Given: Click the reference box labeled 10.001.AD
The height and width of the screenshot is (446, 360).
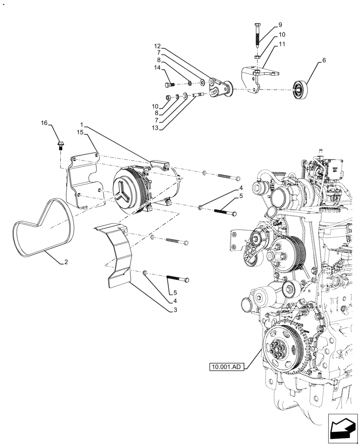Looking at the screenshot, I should click(x=226, y=368).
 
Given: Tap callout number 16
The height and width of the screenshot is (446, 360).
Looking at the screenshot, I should click(x=44, y=123).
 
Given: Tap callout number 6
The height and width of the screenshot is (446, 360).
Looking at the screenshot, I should click(x=324, y=60).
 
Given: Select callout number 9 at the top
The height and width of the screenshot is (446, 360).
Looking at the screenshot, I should click(x=280, y=25).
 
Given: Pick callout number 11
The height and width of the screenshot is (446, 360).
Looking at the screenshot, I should click(x=282, y=44).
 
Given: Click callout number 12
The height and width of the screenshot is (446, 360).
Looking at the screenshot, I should click(x=157, y=46).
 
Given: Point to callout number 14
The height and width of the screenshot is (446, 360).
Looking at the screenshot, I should click(x=157, y=68).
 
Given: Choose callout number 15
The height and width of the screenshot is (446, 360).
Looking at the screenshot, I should click(x=80, y=132).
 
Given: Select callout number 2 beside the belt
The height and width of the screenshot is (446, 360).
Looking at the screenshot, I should click(x=66, y=262).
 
